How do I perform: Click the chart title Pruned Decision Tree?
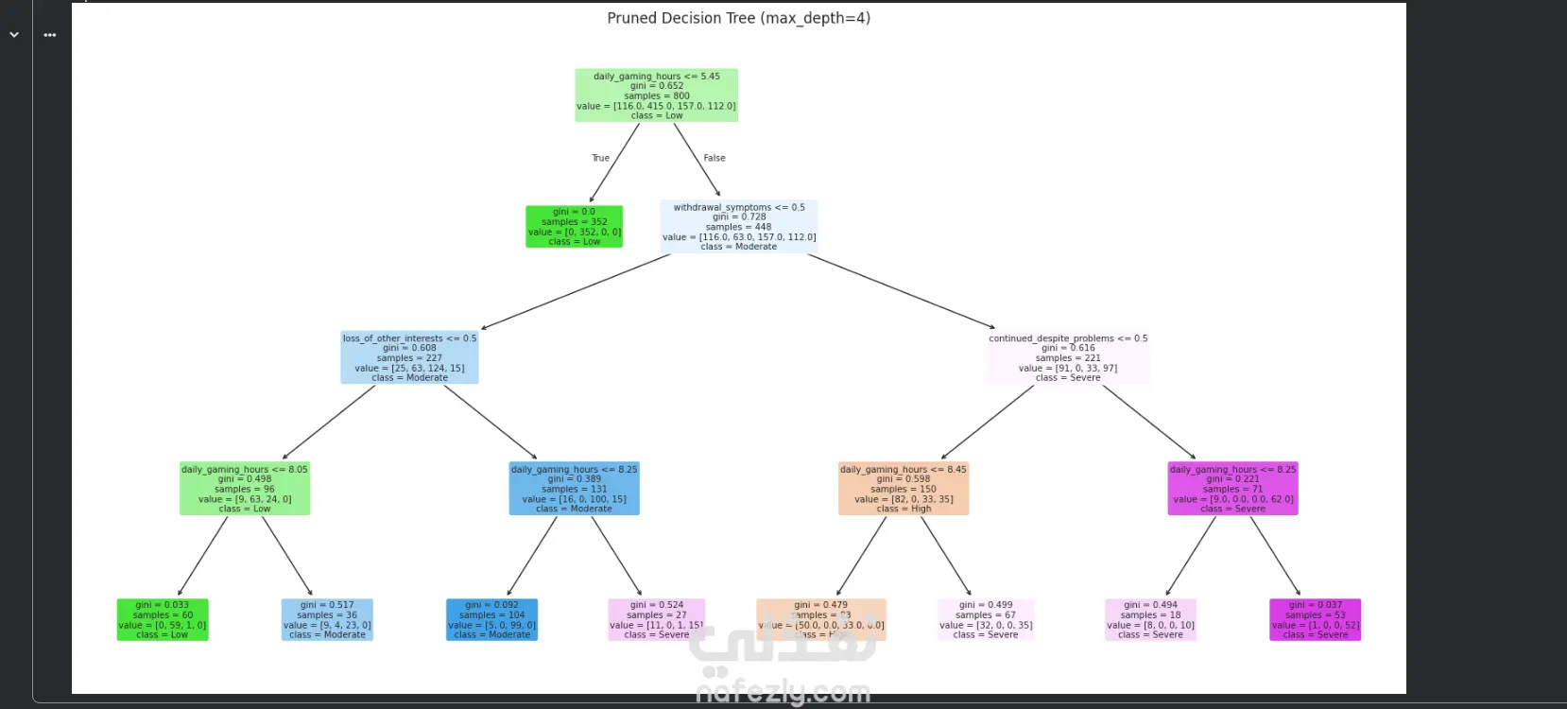[x=738, y=18]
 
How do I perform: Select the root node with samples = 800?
[x=656, y=95]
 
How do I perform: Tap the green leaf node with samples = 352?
[x=574, y=227]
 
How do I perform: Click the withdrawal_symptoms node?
[x=738, y=227]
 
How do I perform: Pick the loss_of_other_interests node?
[x=409, y=357]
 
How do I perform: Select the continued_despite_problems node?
[x=1068, y=357]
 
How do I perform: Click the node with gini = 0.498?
[x=245, y=489]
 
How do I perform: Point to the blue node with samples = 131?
[x=574, y=489]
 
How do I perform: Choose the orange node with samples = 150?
[x=904, y=489]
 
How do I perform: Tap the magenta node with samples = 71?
[x=1232, y=489]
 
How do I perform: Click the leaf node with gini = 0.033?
[x=163, y=620]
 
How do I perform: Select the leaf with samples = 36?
[x=327, y=620]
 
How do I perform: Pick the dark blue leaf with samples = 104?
[x=491, y=620]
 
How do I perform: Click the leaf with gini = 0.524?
[x=656, y=620]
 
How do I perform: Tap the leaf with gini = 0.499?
[x=986, y=620]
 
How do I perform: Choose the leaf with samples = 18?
[x=1150, y=620]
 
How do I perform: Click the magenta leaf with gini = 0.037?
[x=1315, y=620]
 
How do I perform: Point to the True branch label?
[x=600, y=158]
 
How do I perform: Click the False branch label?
[x=715, y=158]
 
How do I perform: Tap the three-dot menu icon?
[x=50, y=35]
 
